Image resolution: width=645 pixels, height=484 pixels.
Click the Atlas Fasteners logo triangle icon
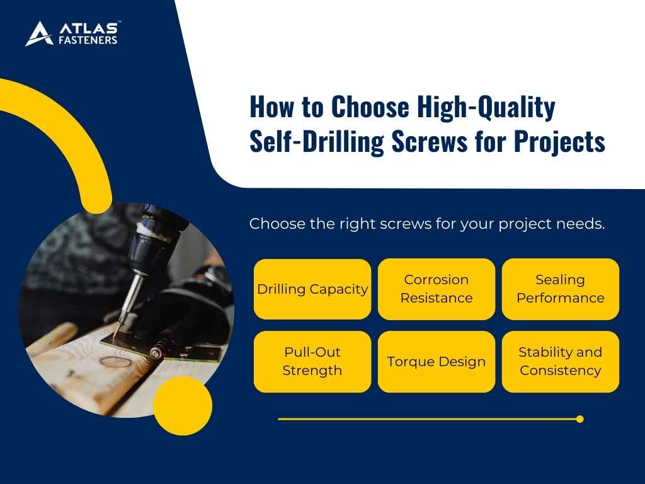coord(38,34)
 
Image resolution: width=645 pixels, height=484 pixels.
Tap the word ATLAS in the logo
coord(88,28)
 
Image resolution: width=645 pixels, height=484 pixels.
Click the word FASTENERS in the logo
coord(88,41)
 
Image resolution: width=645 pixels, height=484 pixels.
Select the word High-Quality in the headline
coord(485,108)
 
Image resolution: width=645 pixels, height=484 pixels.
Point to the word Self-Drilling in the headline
coord(317,142)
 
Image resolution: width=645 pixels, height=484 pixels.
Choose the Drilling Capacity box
coord(312,289)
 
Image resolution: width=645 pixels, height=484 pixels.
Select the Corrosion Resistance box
coord(437,289)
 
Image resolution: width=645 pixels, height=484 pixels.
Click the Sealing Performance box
coord(561,289)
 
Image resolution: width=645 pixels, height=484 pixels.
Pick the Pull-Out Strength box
coord(312,362)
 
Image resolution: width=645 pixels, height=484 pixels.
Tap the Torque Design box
coord(437,362)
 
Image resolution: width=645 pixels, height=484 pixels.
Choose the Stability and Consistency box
coord(561,362)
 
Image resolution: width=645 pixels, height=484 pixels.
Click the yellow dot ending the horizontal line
coord(579,419)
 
